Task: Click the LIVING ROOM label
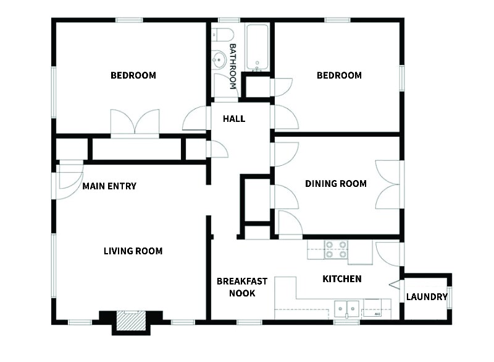click(x=133, y=251)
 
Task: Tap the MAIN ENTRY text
click(x=109, y=186)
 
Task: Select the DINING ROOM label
click(x=336, y=184)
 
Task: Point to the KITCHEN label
click(x=342, y=279)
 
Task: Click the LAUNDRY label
click(x=426, y=297)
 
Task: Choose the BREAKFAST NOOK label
click(x=242, y=287)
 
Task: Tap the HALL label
click(x=234, y=118)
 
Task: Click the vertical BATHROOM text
click(x=233, y=66)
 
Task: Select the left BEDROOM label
click(x=133, y=75)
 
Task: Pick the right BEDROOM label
click(x=339, y=75)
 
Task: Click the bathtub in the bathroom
click(x=257, y=48)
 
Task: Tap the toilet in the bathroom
click(x=222, y=34)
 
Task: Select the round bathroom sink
click(x=218, y=60)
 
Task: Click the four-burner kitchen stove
click(x=336, y=249)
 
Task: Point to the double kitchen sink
click(x=347, y=308)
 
